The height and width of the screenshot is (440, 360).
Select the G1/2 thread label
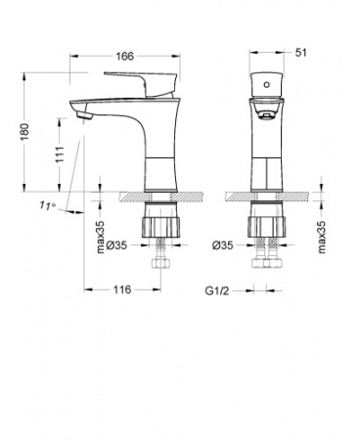(x=216, y=290)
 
